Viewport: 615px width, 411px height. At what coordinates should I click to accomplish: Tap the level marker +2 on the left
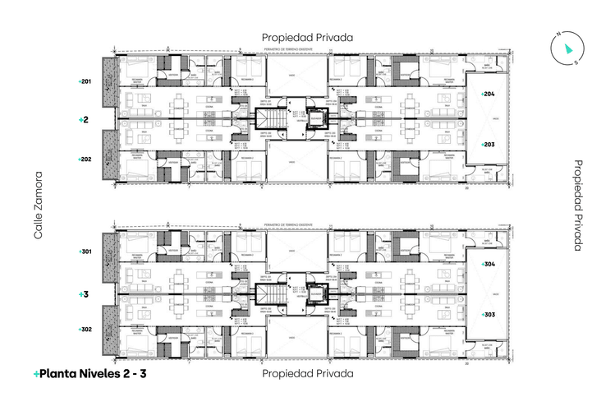83,120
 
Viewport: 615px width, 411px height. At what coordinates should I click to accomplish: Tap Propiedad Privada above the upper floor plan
307,38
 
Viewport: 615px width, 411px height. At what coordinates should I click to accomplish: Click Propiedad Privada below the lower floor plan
307,373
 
